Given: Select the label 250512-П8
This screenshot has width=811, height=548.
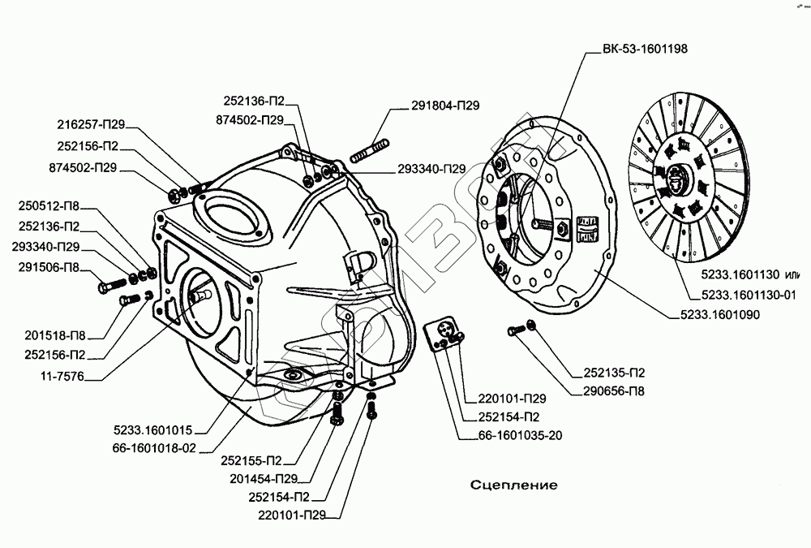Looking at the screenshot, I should [49, 208].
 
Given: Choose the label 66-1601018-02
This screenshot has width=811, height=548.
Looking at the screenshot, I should [156, 448].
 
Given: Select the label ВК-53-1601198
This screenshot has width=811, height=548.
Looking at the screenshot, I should [646, 49].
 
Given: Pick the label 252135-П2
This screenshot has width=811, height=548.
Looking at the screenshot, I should [614, 374].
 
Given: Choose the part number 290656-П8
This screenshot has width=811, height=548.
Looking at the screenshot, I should [614, 391].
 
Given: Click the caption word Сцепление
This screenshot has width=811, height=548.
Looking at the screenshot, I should [514, 485].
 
